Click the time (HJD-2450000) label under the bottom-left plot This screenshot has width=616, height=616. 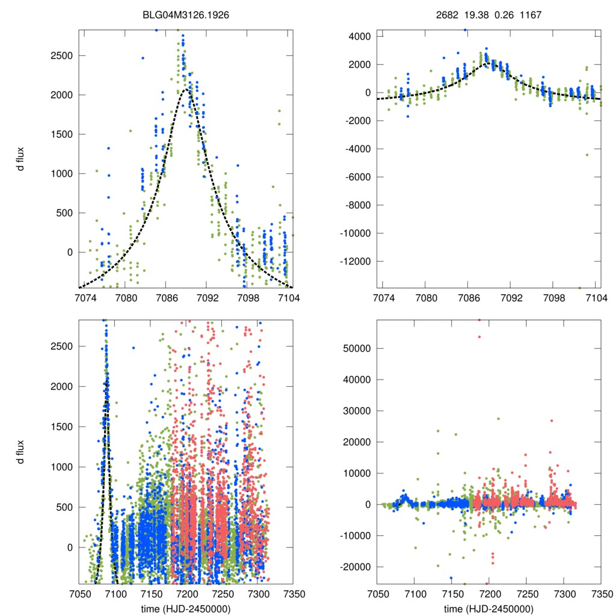185,609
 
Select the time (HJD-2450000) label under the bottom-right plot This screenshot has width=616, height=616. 488,609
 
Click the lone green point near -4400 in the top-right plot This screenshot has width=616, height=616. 587,155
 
